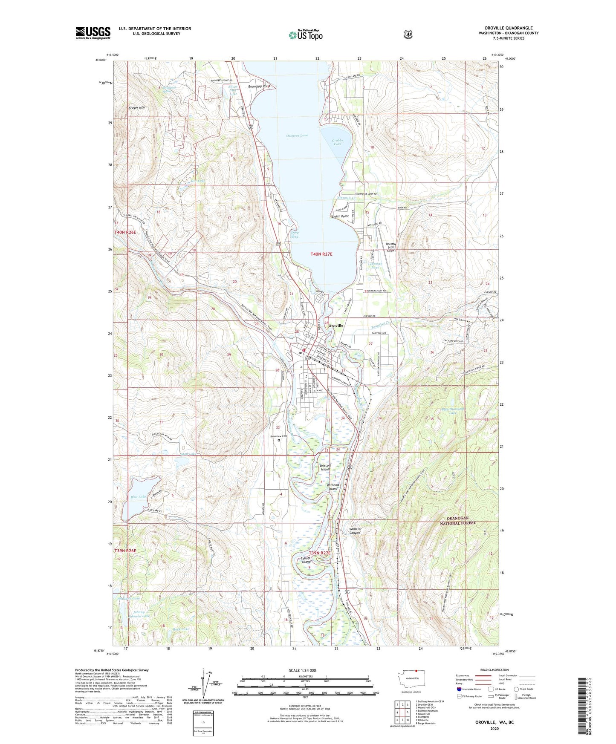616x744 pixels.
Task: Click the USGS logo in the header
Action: pyautogui.click(x=93, y=33)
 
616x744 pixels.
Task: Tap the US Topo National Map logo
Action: pyautogui.click(x=305, y=35)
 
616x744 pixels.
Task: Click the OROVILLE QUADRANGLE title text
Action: pyautogui.click(x=508, y=28)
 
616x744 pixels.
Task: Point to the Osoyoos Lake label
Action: pyautogui.click(x=297, y=136)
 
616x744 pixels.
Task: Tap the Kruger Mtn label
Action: pyautogui.click(x=137, y=108)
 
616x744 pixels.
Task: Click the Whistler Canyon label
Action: pyautogui.click(x=355, y=531)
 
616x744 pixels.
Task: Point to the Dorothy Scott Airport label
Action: pyautogui.click(x=391, y=247)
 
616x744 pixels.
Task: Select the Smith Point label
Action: pyautogui.click(x=340, y=216)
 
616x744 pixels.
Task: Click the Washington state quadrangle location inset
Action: pyautogui.click(x=411, y=689)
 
